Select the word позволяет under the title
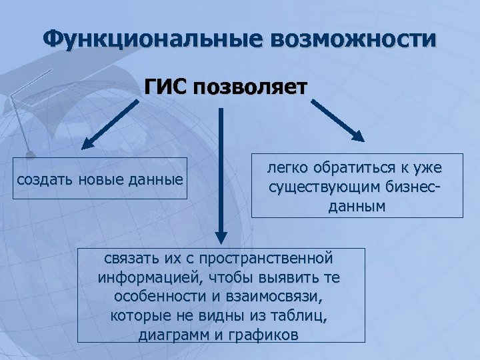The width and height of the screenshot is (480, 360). [251, 87]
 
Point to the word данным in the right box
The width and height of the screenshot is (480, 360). [357, 207]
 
